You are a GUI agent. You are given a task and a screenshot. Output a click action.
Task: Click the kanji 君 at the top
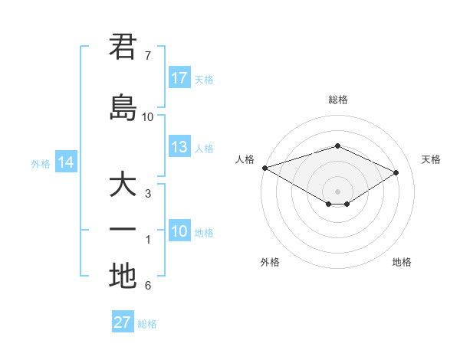tap(123, 47)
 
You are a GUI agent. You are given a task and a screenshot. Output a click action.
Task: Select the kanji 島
tap(123, 107)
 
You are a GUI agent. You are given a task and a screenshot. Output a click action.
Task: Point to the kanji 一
tap(123, 230)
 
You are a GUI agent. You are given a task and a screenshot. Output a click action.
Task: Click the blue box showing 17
tap(179, 78)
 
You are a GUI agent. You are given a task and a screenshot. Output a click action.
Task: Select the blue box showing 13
tap(179, 147)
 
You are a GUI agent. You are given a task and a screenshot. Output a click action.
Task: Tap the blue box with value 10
tap(179, 231)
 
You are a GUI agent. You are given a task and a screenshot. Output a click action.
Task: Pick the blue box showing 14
tap(65, 162)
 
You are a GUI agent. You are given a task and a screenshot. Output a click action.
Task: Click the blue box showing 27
tap(122, 322)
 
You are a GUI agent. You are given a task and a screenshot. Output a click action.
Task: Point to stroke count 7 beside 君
tap(147, 56)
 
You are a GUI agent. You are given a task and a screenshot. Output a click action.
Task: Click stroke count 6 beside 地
tap(147, 286)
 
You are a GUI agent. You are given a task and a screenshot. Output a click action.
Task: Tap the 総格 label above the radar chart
tap(337, 100)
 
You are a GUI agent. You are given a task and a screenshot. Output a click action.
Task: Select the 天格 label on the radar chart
tap(431, 159)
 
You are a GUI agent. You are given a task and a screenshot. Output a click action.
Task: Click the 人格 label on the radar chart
tap(245, 159)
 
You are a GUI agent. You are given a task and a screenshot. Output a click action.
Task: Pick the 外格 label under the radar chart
tap(270, 262)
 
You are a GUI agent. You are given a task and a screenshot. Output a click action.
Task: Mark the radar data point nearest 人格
tap(264, 168)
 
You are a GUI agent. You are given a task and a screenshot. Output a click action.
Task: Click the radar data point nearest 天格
tap(396, 172)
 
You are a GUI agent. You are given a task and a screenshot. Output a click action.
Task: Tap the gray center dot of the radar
tap(337, 191)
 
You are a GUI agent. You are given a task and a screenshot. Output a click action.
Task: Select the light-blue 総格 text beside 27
tap(147, 324)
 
